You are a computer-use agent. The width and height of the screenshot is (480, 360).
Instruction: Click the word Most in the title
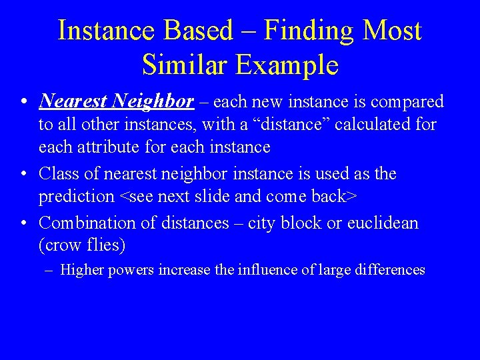coord(393,31)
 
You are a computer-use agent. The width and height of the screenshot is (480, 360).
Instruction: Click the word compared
coord(407,101)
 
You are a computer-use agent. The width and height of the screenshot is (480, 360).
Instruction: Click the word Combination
coord(86,223)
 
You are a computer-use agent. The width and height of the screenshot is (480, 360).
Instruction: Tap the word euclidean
coord(383,223)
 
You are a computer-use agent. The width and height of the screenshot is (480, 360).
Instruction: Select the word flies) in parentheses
coord(107,245)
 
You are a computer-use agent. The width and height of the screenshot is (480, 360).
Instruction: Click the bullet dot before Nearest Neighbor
coord(24,102)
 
